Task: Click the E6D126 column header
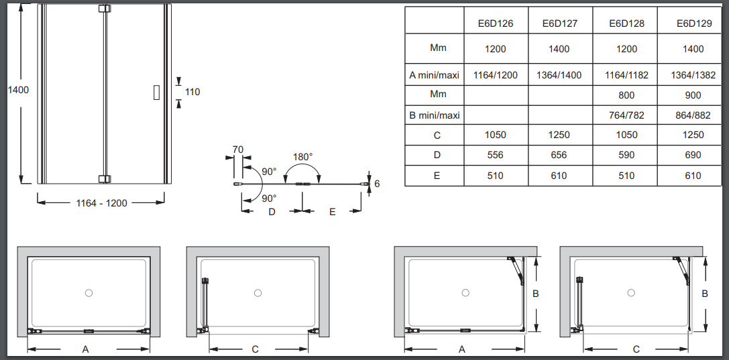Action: [x=496, y=23]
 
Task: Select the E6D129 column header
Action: [x=694, y=23]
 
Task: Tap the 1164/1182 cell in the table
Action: [x=626, y=75]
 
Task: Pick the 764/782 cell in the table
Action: [x=626, y=115]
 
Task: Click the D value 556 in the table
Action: [x=496, y=155]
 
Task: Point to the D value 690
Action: [x=693, y=155]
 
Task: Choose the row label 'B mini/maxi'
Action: [x=435, y=115]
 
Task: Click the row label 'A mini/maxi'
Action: [x=435, y=75]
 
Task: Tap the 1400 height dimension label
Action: [x=18, y=90]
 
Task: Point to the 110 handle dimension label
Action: [x=192, y=92]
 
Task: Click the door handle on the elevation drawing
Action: [x=157, y=92]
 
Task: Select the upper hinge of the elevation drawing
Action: [x=105, y=9]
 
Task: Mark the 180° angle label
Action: [x=302, y=157]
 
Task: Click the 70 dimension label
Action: [x=238, y=150]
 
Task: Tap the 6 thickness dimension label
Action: [x=377, y=184]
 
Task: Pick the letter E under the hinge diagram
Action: [x=332, y=212]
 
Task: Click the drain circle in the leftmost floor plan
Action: [x=89, y=293]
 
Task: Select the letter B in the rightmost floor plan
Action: [x=706, y=294]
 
